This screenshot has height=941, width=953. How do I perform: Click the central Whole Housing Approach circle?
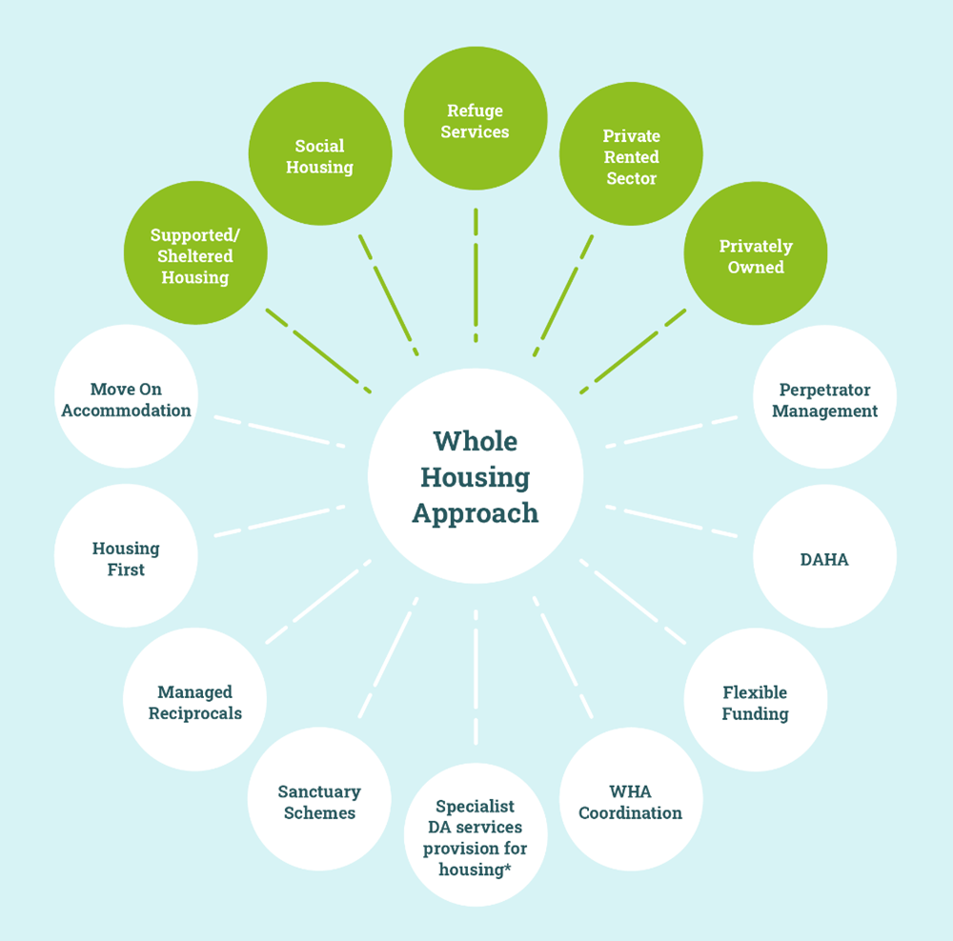(475, 476)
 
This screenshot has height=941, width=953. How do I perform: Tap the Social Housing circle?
(319, 155)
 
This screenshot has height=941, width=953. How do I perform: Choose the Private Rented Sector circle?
(631, 155)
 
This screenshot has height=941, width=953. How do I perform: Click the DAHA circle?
(824, 557)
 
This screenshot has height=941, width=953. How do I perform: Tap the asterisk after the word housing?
(505, 867)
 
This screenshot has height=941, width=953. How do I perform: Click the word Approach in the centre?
(475, 513)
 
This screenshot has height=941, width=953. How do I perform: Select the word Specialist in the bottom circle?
(475, 805)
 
